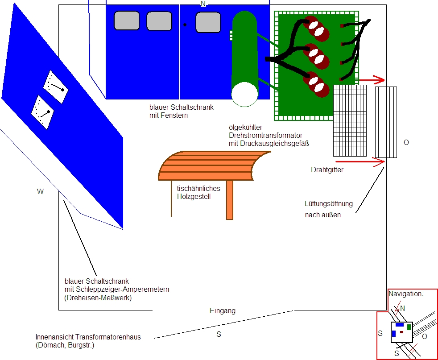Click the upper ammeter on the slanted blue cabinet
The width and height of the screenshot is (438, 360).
tap(56, 87)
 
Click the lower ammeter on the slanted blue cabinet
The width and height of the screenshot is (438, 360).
tap(43, 112)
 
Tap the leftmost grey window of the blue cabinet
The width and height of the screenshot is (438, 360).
tap(127, 21)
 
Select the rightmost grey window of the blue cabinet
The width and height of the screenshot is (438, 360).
tap(208, 22)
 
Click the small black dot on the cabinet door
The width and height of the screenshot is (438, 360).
tap(185, 25)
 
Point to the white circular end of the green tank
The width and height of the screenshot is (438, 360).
tap(245, 94)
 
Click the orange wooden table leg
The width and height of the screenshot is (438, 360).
tap(230, 200)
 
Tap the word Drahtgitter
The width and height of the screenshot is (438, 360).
tap(327, 170)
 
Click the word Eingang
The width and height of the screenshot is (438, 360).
tap(223, 311)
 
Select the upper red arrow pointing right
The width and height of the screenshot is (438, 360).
tap(372, 80)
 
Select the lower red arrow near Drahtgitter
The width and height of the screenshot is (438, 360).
tap(360, 161)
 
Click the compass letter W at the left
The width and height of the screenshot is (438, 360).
tap(40, 191)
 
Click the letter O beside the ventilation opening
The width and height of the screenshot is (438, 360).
tap(406, 142)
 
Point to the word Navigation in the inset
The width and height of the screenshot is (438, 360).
tap(406, 294)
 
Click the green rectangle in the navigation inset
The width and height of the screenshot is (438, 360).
tap(409, 327)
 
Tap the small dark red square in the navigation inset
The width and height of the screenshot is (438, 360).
tap(402, 332)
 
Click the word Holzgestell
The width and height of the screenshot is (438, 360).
tap(194, 196)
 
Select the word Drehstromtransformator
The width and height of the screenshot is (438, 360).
tap(265, 136)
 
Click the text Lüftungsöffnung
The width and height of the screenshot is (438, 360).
tap(328, 203)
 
